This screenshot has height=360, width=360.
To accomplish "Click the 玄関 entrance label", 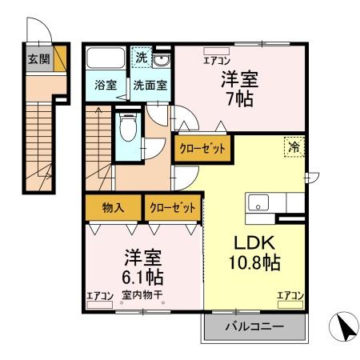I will click(x=38, y=59).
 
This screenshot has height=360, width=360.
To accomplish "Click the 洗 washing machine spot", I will click(x=140, y=58).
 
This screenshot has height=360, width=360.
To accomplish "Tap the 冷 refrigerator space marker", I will click(x=294, y=146).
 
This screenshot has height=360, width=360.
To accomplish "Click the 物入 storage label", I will click(x=113, y=208).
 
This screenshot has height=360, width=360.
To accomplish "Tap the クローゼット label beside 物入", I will click(x=172, y=208).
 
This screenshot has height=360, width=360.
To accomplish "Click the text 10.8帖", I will click(x=255, y=262).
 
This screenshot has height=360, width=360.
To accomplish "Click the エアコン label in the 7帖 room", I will click(x=214, y=60).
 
